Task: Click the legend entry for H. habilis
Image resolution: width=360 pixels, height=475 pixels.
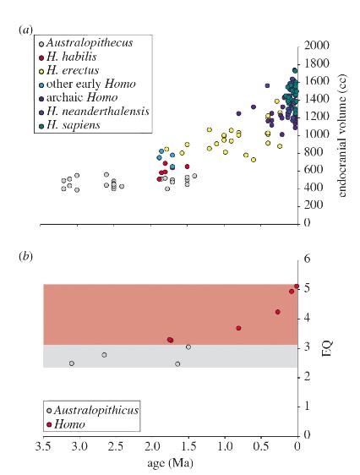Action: click(68, 57)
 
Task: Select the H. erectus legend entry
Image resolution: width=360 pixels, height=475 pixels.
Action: click(69, 70)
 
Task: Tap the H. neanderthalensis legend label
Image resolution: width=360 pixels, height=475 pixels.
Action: click(94, 112)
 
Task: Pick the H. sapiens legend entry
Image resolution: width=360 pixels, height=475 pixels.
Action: click(69, 125)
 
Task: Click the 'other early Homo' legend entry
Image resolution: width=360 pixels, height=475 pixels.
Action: click(87, 84)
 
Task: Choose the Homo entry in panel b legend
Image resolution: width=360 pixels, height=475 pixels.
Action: click(66, 424)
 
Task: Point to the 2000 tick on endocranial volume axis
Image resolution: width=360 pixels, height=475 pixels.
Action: click(316, 45)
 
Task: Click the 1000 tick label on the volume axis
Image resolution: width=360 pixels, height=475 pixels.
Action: click(316, 134)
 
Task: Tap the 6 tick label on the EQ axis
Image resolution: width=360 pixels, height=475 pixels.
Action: click(307, 259)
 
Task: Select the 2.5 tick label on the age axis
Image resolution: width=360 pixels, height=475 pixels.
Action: click(117, 446)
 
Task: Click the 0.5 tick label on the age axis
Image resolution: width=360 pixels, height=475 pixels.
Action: click(262, 446)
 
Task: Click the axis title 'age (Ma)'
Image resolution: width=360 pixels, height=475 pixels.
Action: click(170, 463)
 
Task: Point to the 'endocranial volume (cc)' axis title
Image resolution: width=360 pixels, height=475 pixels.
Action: click(342, 135)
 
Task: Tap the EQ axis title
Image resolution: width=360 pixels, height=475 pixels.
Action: click(327, 349)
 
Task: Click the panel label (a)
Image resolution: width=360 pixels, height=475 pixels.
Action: click(25, 30)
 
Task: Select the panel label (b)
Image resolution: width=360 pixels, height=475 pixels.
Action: click(25, 257)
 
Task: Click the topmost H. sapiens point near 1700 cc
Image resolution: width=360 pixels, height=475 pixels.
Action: click(295, 71)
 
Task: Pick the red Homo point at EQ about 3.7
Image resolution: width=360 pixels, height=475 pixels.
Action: click(238, 328)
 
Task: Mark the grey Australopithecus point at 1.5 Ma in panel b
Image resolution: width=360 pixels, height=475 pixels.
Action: click(188, 347)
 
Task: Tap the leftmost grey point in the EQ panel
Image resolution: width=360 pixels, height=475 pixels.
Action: click(72, 363)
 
